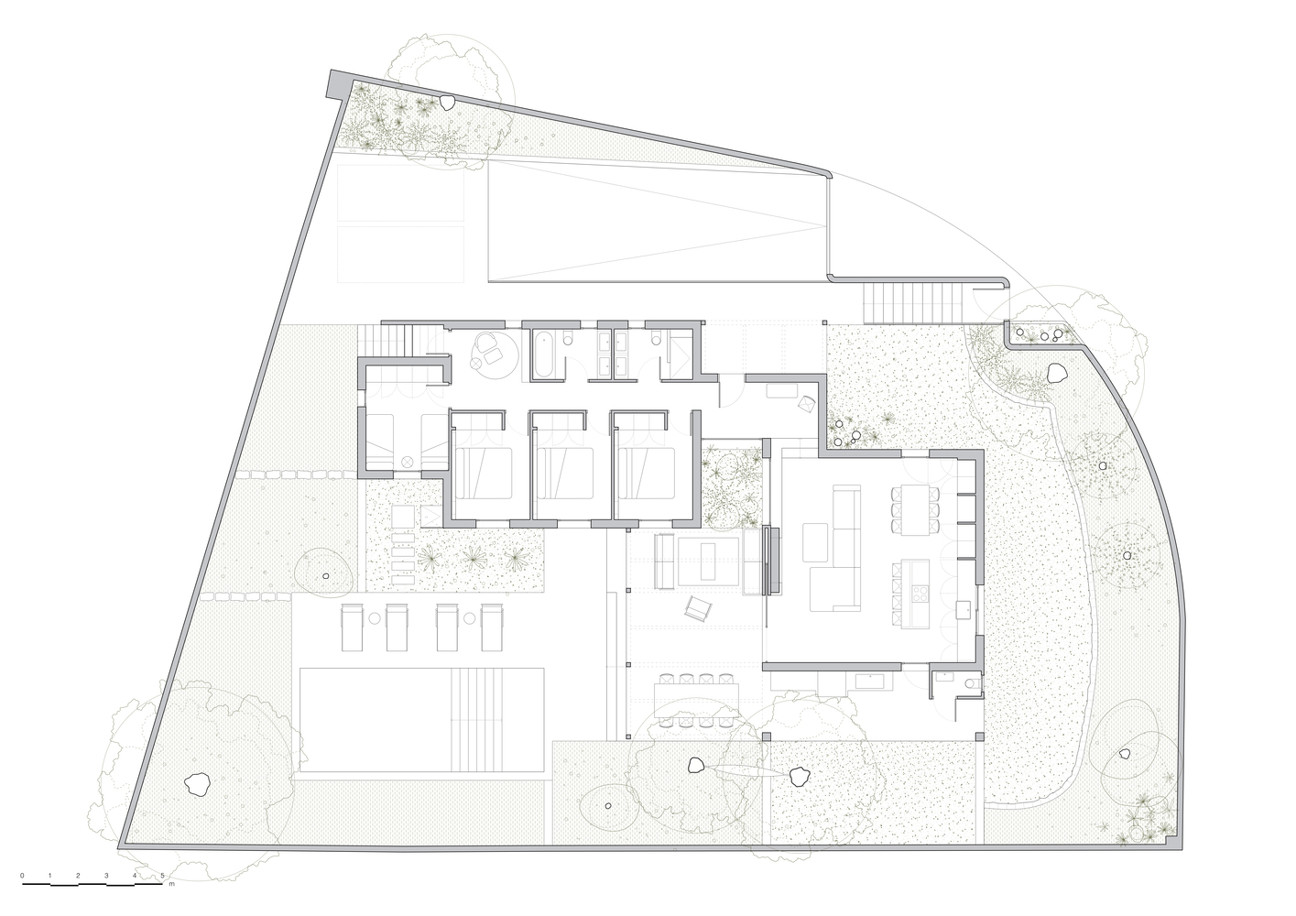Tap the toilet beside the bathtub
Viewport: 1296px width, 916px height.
568,338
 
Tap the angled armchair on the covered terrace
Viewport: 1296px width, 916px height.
699,609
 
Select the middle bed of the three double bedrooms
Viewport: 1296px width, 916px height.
563,473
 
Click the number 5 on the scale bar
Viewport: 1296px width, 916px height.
163,876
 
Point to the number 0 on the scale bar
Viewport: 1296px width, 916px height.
22,876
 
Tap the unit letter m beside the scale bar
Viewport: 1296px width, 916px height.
171,884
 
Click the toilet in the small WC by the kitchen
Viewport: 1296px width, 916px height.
975,684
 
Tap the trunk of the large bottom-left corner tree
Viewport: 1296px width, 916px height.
196,783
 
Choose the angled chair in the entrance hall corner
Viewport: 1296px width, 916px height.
806,403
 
